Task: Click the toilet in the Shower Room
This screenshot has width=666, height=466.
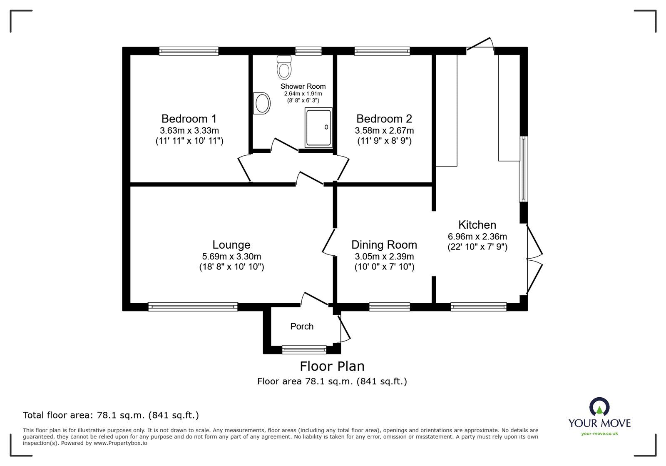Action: coord(284,67)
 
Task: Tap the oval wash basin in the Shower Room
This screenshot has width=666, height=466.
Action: coord(262,103)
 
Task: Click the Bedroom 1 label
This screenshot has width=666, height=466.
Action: coord(189,119)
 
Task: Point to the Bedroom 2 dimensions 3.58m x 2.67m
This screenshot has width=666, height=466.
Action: coord(384,131)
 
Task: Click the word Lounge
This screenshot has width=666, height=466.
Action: coord(231,245)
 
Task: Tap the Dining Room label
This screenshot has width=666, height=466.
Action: coord(384,245)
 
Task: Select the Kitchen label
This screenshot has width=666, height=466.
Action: coord(477,225)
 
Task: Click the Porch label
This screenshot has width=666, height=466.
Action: coord(302,326)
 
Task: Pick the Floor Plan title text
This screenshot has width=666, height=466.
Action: coord(332,366)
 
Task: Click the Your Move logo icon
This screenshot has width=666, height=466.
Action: coord(599,407)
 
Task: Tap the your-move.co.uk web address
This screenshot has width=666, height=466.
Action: coord(599,434)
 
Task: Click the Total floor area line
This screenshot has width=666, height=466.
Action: coord(111,415)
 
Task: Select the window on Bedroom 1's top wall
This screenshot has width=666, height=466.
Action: coord(189,51)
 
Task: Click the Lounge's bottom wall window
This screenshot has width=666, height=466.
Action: coord(193,307)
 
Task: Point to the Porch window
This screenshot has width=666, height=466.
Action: coord(304,350)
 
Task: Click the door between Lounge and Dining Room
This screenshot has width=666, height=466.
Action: coord(328,242)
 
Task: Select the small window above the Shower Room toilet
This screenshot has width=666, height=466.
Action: coord(308,51)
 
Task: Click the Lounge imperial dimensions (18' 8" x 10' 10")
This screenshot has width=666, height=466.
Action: coord(231,267)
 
